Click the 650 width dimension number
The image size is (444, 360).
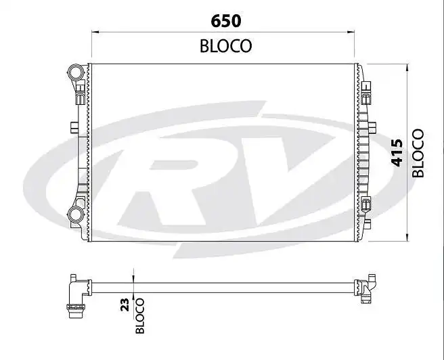coord(226,20)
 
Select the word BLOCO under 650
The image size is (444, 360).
coord(226,46)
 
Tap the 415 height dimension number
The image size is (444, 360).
coord(397,153)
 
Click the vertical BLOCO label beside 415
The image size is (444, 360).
coord(418,153)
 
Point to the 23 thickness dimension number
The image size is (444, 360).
coord(124,305)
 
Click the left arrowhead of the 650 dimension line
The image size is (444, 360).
coord(94,31)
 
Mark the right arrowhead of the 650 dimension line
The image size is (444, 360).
coord(352,31)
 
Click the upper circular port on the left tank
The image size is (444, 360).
coord(75,72)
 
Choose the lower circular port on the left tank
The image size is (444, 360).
coord(75,216)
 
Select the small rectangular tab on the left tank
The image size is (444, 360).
coord(72,127)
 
